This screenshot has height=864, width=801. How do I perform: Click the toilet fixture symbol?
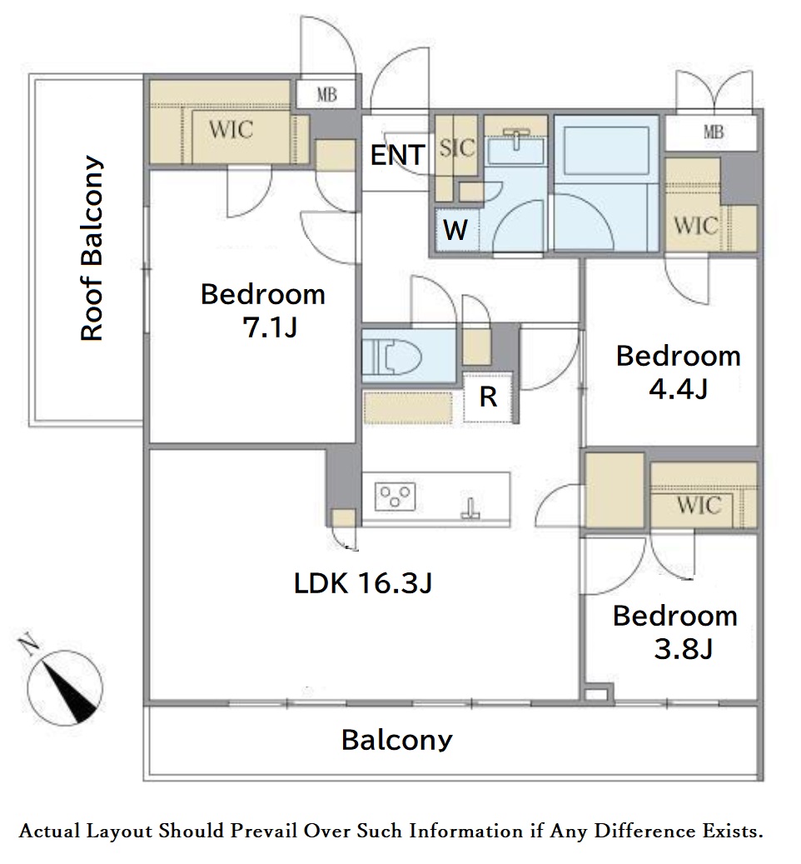click(x=392, y=356)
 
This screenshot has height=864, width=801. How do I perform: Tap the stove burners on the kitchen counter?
click(x=395, y=496)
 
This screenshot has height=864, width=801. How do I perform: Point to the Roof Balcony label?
click(x=92, y=248)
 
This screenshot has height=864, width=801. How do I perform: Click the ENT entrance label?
click(x=397, y=155)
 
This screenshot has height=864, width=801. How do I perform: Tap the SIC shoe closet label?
click(x=457, y=147)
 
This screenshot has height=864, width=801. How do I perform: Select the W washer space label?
click(x=455, y=229)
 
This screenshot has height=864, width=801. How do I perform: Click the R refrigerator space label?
click(x=488, y=397)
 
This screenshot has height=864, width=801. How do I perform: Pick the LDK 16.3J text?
click(x=363, y=582)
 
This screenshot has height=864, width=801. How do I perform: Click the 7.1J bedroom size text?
click(x=270, y=327)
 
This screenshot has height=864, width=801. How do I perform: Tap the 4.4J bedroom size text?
click(x=678, y=389)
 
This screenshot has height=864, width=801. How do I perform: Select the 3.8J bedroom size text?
click(x=683, y=648)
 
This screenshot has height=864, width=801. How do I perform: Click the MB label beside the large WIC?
click(x=326, y=95)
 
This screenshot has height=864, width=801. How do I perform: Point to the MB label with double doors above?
click(x=714, y=132)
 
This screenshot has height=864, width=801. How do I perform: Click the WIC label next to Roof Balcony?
click(x=231, y=129)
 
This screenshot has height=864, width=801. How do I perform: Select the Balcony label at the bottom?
click(x=397, y=740)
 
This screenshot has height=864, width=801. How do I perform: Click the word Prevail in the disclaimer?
click(x=264, y=831)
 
